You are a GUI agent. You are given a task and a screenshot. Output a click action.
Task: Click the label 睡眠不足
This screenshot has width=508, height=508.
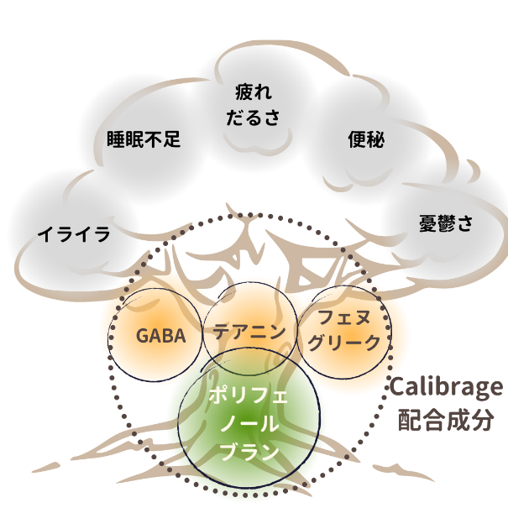[144, 139]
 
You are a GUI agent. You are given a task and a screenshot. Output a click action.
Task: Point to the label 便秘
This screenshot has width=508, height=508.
[365, 140]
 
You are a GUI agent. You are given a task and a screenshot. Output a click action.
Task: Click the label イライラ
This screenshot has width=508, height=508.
[74, 234]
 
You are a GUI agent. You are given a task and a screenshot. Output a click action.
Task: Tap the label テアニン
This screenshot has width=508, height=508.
[249, 331]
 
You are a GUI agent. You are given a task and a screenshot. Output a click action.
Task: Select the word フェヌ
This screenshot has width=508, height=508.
[344, 318]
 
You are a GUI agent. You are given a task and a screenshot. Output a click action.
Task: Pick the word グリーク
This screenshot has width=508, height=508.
[344, 343]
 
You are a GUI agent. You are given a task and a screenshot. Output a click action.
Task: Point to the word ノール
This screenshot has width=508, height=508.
[249, 424]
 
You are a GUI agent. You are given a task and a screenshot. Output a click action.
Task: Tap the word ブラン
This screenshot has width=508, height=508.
[249, 453]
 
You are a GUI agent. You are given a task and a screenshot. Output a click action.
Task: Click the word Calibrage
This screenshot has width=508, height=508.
[445, 389]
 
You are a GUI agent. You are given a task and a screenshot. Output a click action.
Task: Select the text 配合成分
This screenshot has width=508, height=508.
[445, 419]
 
